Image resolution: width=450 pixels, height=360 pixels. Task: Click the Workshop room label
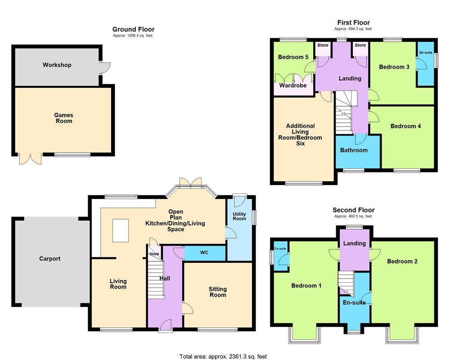point(57,65)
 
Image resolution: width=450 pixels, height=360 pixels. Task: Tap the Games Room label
point(64,118)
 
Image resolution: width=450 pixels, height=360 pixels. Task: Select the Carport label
point(49,259)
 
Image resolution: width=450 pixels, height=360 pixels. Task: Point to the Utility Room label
point(239,216)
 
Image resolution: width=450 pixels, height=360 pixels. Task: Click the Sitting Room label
point(217,292)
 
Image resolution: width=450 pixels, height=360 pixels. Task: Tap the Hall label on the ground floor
point(165,279)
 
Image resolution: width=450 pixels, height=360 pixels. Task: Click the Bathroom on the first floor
point(354,150)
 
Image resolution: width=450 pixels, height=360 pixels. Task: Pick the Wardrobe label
point(293,85)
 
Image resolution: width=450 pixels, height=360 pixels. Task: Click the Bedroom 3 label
point(394,67)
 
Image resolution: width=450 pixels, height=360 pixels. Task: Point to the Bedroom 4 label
point(405,126)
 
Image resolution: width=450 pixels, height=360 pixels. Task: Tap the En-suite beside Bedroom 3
point(426,53)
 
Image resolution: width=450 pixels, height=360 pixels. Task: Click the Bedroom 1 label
point(306,286)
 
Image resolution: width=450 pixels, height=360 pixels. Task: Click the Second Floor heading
point(353,210)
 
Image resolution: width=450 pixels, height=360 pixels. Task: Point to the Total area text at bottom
point(223,356)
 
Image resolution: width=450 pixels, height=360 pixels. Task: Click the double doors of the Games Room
point(31,160)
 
